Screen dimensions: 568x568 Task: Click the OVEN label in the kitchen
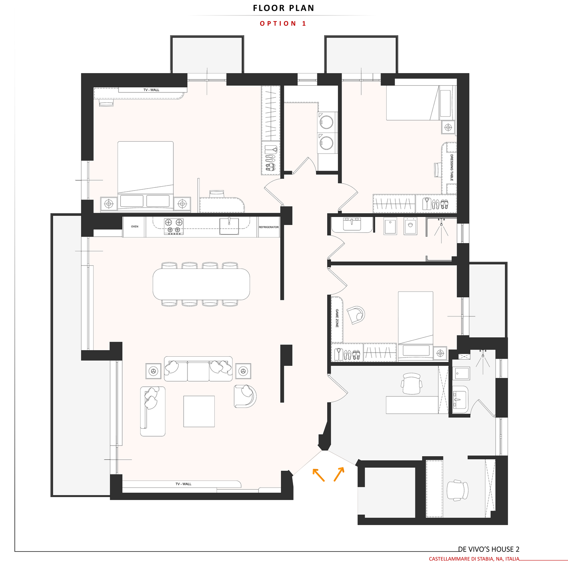pos(135,226)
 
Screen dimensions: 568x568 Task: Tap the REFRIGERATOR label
pos(269,227)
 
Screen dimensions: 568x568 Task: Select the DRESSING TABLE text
pos(451,167)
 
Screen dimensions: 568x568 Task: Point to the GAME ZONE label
pos(337,318)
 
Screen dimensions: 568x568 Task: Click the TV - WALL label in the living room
pos(183,484)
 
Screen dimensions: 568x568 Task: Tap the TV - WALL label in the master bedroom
pos(151,90)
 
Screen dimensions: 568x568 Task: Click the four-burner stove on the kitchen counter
pos(174,226)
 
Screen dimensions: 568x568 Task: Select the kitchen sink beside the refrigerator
pos(229,226)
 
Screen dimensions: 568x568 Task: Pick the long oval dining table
pos(201,284)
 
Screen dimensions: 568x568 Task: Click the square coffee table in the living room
pos(199,411)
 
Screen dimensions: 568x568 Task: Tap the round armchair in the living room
pos(245,396)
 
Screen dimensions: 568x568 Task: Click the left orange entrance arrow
pos(318,475)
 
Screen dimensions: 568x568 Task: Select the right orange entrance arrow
pos(339,474)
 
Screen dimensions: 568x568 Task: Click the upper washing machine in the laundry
pos(327,122)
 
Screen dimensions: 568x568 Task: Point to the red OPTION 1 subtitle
pos(283,23)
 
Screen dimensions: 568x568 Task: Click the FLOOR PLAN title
pos(284,8)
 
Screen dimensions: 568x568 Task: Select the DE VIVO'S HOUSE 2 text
pos(489,549)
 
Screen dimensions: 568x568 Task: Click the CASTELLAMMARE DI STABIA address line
pos(474,559)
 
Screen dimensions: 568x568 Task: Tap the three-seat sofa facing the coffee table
pos(198,369)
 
